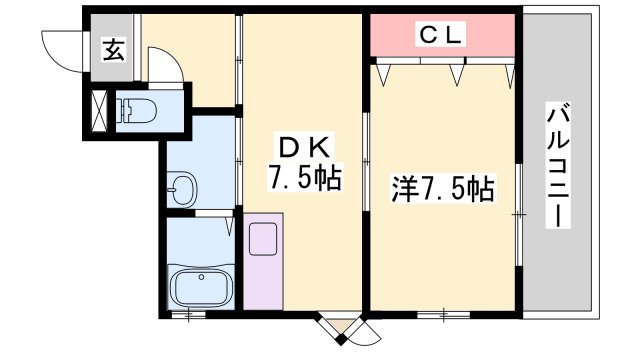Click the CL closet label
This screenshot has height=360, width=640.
(x=440, y=35)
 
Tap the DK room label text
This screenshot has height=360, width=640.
(x=303, y=147)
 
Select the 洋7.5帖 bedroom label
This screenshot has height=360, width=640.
(x=444, y=186)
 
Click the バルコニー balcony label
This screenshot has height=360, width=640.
(x=555, y=165)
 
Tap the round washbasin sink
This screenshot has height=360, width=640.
(x=182, y=187)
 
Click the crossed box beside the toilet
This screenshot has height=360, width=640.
(x=100, y=110)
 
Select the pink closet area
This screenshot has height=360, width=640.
(x=442, y=36)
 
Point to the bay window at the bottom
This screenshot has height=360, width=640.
(x=343, y=327)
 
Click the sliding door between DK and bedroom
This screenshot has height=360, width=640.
(x=366, y=165)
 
